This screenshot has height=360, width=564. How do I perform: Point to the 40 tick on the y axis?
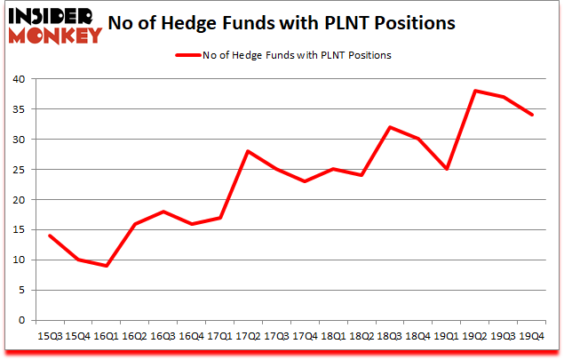19,79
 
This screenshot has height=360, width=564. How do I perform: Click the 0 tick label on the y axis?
22,320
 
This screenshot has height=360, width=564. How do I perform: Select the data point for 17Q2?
247,151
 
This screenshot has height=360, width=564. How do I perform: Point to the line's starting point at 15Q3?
48,236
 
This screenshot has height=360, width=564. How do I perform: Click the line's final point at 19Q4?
531,115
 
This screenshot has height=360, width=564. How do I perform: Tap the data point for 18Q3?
389,127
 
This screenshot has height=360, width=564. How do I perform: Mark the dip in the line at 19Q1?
446,169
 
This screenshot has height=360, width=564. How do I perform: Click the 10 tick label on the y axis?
19,260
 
